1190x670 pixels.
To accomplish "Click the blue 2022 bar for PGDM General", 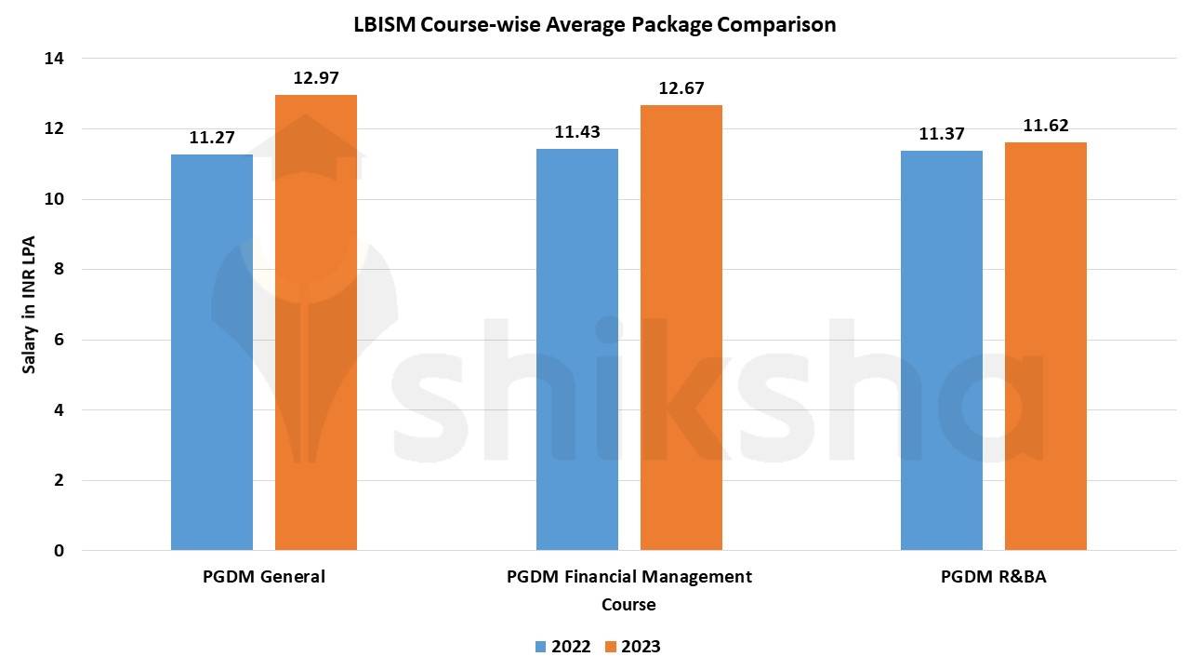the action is (211, 352).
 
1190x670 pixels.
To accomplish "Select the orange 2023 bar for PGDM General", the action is (315, 322).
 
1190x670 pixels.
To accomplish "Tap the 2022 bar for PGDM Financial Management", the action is (577, 349).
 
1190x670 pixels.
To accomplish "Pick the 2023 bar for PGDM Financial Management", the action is (681, 328).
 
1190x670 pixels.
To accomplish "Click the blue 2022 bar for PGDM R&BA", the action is (942, 351).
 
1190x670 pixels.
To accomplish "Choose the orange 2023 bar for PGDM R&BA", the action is (1046, 346).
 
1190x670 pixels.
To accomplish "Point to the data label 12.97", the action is (316, 78).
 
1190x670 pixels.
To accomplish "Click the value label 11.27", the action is (212, 138).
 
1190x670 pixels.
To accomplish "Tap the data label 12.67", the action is (681, 88).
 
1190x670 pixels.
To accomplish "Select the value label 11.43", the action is (577, 132).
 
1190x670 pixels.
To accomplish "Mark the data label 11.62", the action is (1046, 126).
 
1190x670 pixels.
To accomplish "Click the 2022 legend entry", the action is (563, 647).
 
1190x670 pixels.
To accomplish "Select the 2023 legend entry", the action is (633, 647).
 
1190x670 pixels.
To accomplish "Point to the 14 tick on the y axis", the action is (54, 59).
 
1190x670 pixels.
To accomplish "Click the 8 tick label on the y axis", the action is (59, 269).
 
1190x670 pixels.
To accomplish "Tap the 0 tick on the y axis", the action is (59, 551).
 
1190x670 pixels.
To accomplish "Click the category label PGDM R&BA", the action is (994, 577).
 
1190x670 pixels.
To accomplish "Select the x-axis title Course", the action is (628, 605).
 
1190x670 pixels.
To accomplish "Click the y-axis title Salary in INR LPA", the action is (29, 304).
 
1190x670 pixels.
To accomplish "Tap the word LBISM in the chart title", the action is (384, 24).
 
